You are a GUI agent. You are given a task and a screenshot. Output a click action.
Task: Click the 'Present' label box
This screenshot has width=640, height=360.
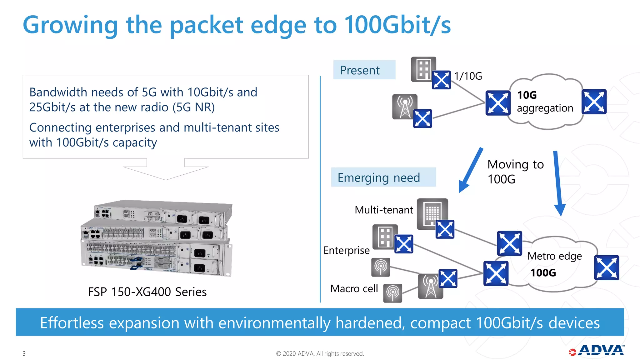click(x=364, y=70)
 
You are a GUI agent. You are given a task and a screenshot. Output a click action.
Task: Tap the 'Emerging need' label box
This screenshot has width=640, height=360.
click(x=383, y=177)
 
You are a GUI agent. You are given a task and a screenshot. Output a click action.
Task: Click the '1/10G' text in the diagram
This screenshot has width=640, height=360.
click(x=468, y=76)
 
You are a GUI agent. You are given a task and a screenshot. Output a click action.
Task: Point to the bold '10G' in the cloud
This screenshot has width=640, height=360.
click(x=527, y=95)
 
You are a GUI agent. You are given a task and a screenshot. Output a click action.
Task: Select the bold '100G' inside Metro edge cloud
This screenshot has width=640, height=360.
click(x=543, y=273)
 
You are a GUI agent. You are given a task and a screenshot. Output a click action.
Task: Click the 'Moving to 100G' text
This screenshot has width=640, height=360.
click(x=515, y=172)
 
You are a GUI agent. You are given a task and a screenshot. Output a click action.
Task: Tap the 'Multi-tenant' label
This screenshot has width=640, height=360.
click(x=384, y=210)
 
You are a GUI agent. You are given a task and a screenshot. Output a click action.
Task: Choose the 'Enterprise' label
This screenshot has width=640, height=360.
click(x=347, y=250)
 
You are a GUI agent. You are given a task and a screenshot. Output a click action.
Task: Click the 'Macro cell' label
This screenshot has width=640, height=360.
click(x=354, y=288)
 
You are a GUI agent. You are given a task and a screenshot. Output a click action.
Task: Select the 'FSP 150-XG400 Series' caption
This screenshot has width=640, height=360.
click(x=147, y=292)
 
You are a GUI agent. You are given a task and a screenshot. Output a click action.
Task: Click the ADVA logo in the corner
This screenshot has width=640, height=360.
click(x=597, y=351)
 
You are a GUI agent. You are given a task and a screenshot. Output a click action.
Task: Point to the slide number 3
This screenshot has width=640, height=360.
click(x=24, y=353)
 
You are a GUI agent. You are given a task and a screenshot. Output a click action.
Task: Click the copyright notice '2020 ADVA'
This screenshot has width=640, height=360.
click(x=320, y=353)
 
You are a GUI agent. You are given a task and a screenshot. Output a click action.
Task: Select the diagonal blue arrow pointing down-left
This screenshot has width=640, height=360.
click(x=470, y=170)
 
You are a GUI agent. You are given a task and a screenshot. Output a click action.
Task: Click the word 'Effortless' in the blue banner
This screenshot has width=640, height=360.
click(x=72, y=323)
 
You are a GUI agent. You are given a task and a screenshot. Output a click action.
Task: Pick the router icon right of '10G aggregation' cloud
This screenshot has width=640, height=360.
click(x=594, y=102)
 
